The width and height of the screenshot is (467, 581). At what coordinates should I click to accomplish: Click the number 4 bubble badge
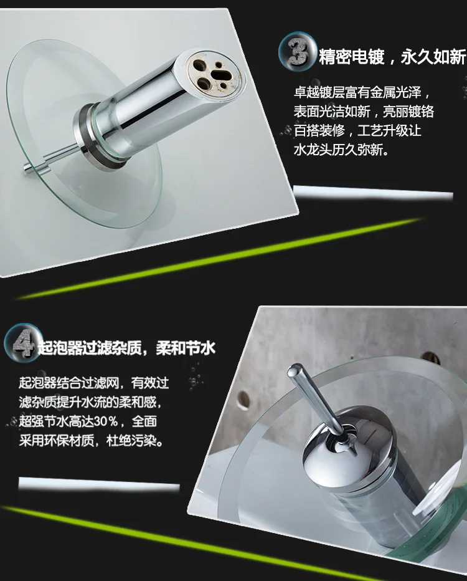(x=22, y=343)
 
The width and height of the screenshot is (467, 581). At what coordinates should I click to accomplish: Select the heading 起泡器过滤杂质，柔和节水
(x=126, y=347)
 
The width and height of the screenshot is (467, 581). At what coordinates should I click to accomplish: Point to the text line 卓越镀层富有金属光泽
(x=362, y=93)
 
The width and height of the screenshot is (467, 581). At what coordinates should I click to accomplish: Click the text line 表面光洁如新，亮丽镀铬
(x=364, y=112)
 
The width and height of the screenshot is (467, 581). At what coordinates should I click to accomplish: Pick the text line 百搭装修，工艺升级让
(x=357, y=132)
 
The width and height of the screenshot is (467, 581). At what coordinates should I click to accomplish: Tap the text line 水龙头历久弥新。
(x=342, y=151)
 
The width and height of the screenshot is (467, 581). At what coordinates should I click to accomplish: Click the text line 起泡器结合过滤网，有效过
(x=94, y=382)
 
